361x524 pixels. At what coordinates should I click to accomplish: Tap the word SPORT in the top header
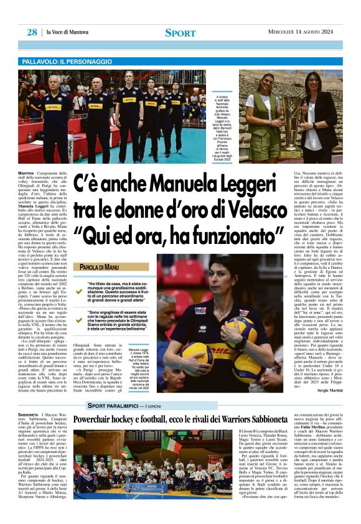[180, 33]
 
